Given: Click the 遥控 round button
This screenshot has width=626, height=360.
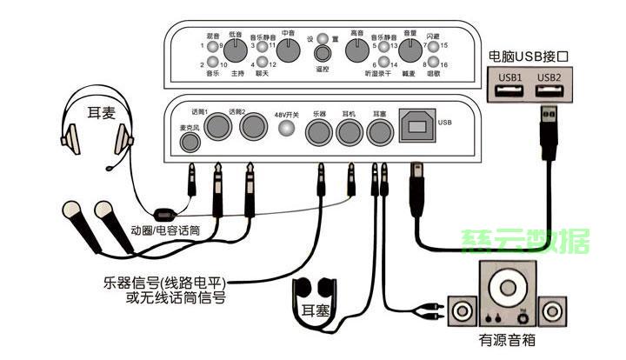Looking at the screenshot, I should pos(321,55).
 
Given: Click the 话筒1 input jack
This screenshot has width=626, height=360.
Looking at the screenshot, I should pos(216,129).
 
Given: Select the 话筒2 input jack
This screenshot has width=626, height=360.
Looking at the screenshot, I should pos(253,129).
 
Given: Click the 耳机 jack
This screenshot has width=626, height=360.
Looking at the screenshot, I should pos(350,132).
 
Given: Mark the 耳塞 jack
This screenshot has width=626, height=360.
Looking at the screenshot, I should pos(379,132).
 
